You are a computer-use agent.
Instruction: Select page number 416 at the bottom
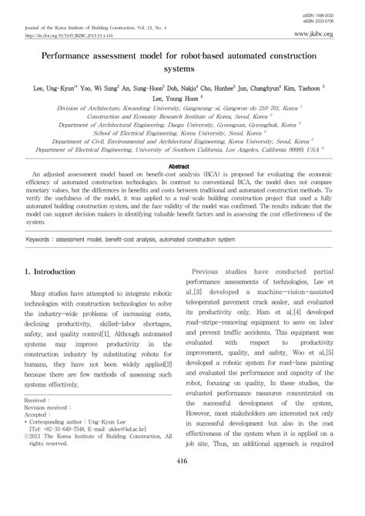coord(182,482)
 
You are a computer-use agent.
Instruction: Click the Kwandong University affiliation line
coord(182,110)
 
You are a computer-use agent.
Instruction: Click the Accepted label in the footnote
coord(36,437)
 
